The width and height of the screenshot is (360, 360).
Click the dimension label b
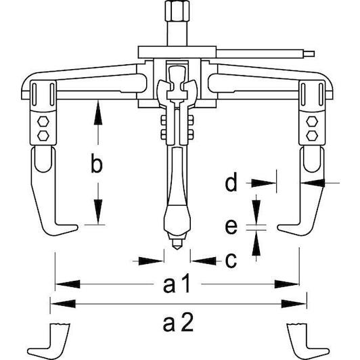point(96,163)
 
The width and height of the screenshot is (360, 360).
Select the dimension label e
point(231,227)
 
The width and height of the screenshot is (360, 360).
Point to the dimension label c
point(231,261)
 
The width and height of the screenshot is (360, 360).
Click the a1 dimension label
point(177,283)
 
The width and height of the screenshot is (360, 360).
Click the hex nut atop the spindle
point(177,11)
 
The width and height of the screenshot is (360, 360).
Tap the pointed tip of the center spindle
point(177,249)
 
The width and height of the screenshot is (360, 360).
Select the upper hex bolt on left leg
point(43,121)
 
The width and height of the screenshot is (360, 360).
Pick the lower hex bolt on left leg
point(43,136)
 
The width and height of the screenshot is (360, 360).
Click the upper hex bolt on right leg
point(312,121)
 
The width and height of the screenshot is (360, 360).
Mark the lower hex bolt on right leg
point(312,136)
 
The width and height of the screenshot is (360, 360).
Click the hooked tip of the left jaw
point(76,227)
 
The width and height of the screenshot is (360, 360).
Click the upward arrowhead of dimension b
point(98,113)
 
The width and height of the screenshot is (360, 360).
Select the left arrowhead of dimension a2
point(63,304)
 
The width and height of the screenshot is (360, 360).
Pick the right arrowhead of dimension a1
point(287,284)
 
